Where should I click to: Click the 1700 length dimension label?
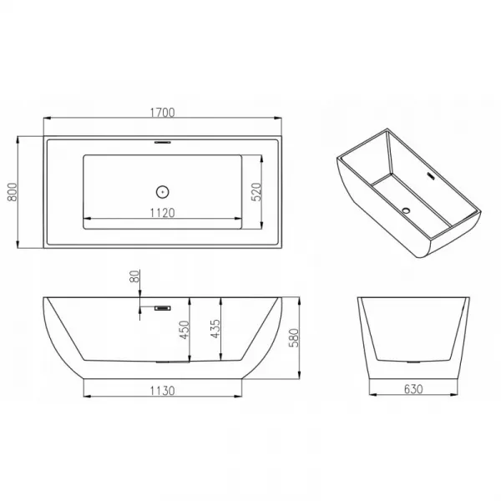tap(162, 113)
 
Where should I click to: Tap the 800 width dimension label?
tap(13, 192)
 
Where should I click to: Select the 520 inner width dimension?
tap(256, 192)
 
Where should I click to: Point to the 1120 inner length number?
tap(162, 213)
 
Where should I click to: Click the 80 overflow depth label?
tap(134, 276)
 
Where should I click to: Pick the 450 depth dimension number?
tap(185, 330)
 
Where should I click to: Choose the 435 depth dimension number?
tap(215, 329)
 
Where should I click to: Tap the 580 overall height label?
tap(294, 337)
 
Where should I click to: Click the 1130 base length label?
tap(162, 391)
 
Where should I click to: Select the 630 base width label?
tap(413, 389)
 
